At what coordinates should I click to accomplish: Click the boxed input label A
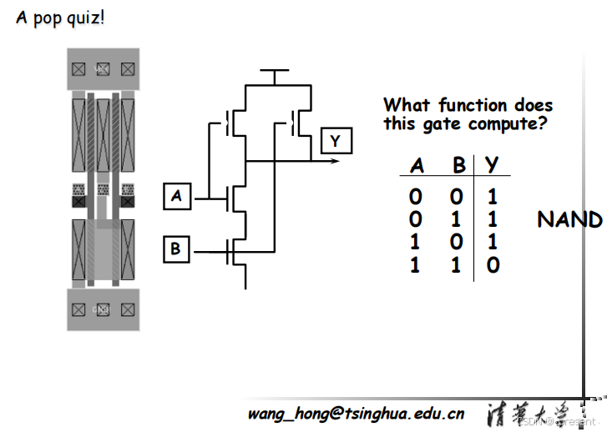point(176,197)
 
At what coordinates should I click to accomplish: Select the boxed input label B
point(176,248)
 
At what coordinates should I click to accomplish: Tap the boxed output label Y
point(336,140)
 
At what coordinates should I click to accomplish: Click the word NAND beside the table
point(569,220)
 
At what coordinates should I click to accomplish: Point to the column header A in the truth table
point(417,165)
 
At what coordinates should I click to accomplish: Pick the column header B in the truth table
point(458,165)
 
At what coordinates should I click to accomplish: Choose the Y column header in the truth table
point(493,165)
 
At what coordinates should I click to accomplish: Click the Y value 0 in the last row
point(493,265)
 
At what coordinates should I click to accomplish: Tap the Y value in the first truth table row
point(493,198)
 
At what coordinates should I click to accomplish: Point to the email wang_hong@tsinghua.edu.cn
point(356,413)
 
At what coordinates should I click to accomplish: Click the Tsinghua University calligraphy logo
point(527,413)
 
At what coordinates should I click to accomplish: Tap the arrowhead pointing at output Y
point(335,160)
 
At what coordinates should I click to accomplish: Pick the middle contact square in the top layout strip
point(103,69)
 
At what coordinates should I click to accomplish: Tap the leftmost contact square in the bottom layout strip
point(78,309)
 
